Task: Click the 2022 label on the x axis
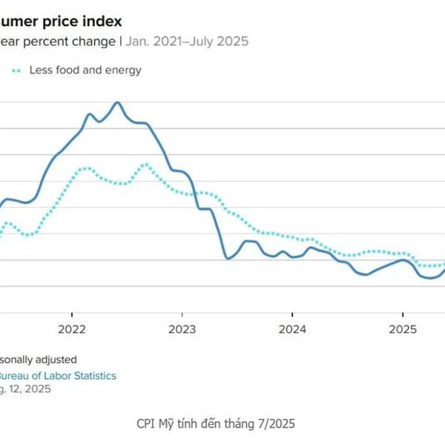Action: pos(72,329)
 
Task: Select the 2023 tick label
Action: pos(182,329)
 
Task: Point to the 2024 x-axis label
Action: pos(292,329)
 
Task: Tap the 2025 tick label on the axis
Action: pos(402,329)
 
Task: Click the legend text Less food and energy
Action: pos(85,70)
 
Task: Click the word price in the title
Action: pos(53,22)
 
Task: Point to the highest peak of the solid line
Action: pos(117,102)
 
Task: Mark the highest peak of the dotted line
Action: pos(146,164)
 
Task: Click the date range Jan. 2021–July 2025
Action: pos(188,42)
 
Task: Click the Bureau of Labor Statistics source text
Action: pos(58,376)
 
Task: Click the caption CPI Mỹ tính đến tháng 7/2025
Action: pos(216,423)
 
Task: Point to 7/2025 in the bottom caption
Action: pos(275,423)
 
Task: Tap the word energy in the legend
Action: pos(124,70)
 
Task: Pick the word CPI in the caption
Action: pos(147,423)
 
